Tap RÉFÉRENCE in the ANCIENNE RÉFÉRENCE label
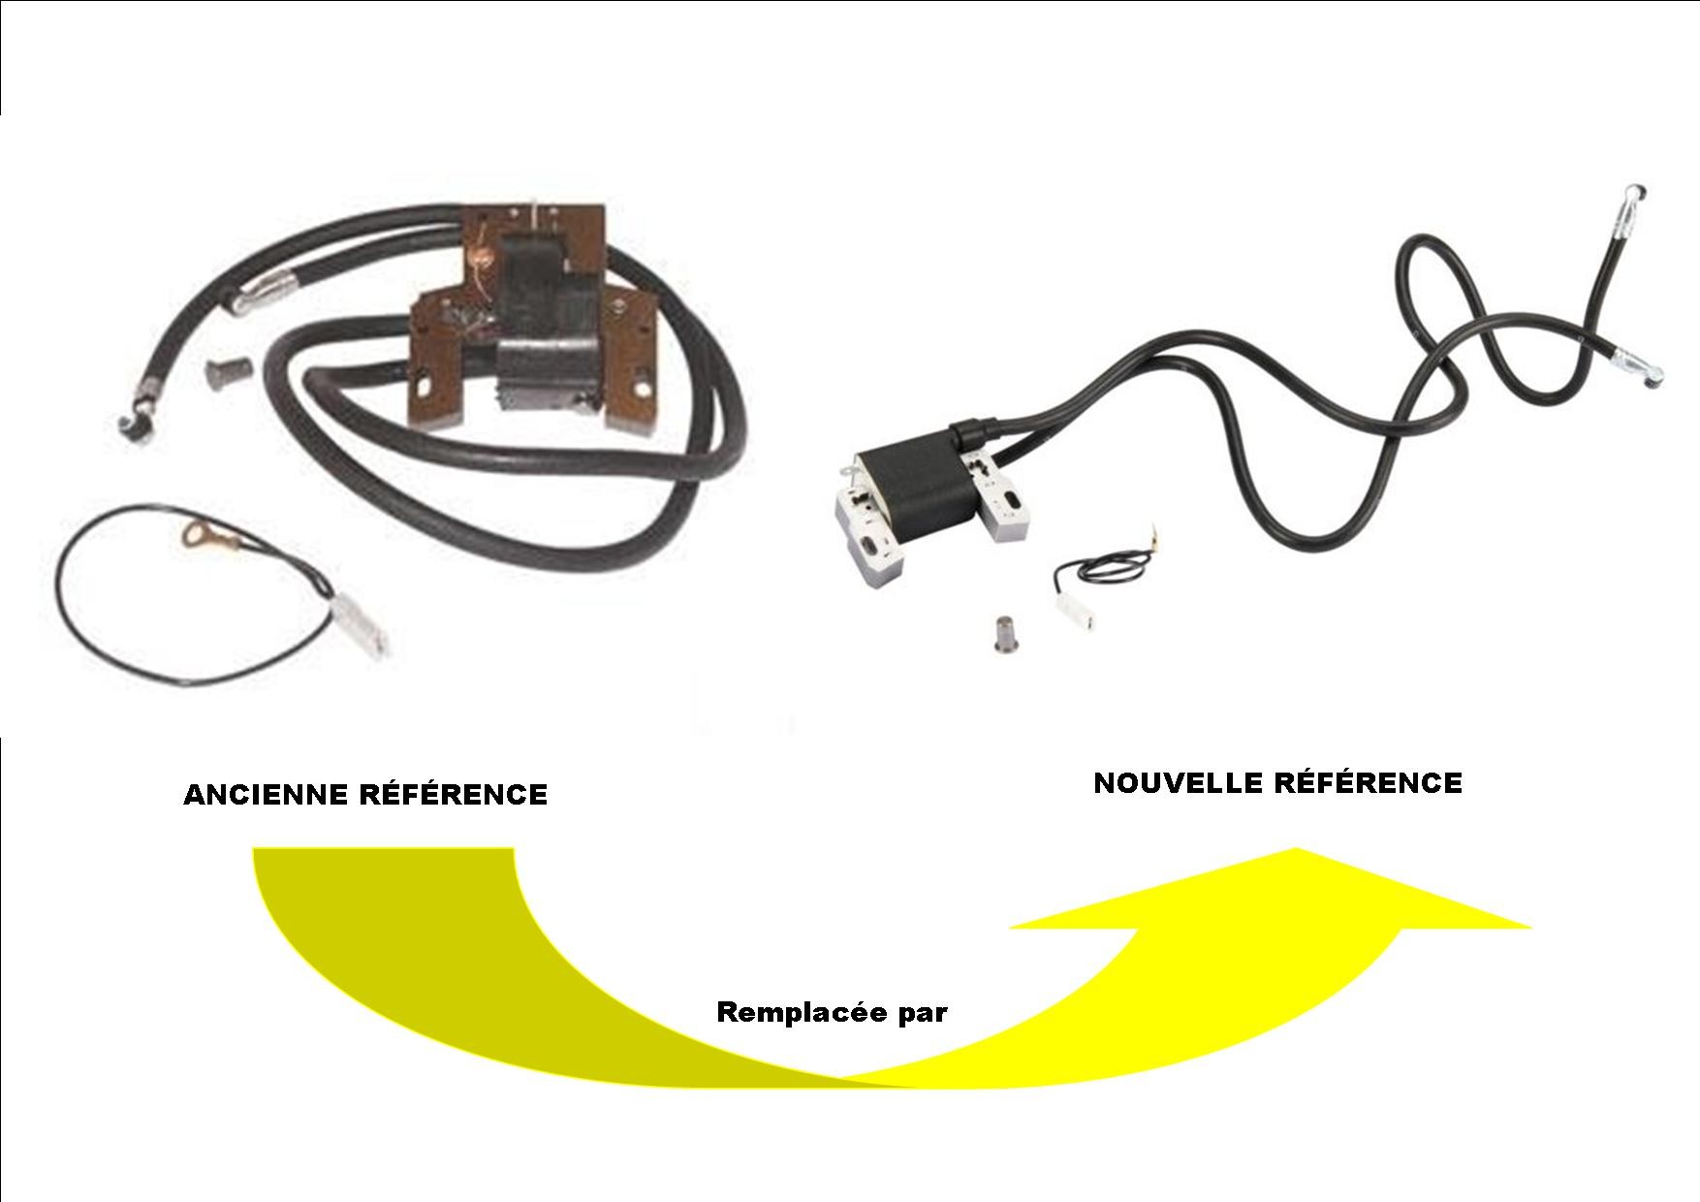coord(453,796)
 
